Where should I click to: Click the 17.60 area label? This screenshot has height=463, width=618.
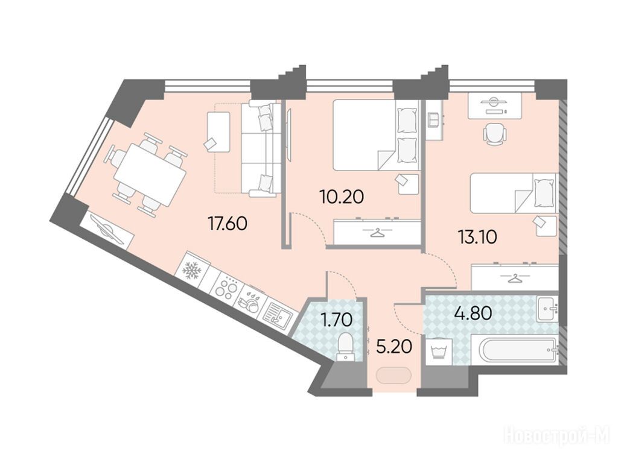[228, 224]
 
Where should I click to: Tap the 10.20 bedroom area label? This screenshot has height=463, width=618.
[342, 197]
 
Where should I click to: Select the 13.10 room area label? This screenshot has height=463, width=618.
[477, 237]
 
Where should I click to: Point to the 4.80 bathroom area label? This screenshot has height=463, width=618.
[473, 313]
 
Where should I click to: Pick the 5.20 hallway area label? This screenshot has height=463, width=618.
[394, 347]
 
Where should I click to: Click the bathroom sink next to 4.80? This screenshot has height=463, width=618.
[547, 309]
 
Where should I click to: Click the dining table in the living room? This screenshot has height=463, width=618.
[150, 175]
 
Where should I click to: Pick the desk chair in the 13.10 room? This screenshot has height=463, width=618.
[494, 133]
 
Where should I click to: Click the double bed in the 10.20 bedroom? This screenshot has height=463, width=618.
[376, 135]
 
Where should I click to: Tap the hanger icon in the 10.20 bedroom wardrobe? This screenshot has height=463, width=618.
[377, 233]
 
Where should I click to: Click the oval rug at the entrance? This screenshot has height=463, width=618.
[393, 376]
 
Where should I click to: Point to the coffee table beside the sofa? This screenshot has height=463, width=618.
[218, 132]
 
